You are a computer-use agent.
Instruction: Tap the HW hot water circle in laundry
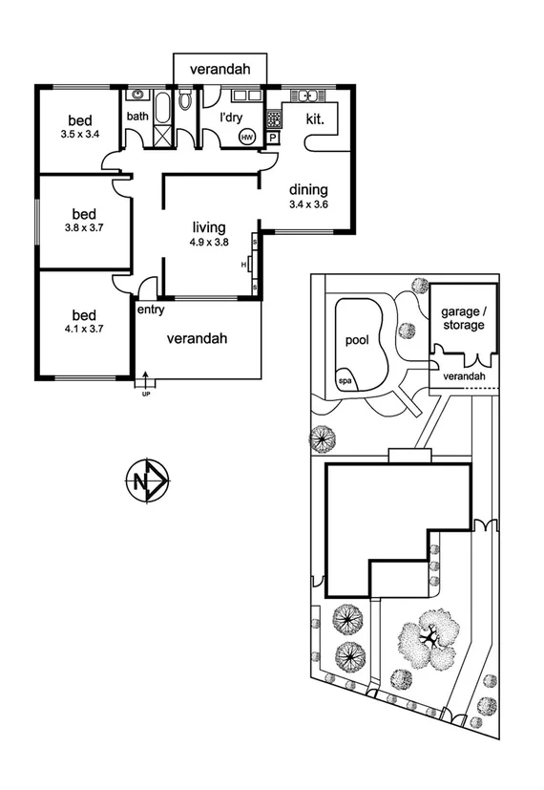(x=247, y=138)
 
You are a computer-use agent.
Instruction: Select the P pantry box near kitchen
(x=273, y=138)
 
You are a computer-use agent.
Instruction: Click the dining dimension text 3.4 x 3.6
(x=308, y=203)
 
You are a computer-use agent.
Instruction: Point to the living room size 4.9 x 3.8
(x=209, y=243)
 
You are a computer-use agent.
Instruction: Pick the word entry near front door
(x=151, y=310)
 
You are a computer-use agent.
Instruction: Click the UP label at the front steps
(x=145, y=393)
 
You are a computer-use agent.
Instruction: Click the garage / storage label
(x=463, y=319)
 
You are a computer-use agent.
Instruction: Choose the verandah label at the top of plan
(x=220, y=70)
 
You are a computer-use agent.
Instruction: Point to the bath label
(x=138, y=117)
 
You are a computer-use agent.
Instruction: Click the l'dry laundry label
(x=231, y=117)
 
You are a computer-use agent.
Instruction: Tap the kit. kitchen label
(x=316, y=119)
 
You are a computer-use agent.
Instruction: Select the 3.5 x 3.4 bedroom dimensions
(x=80, y=135)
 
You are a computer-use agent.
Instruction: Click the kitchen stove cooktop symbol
(x=274, y=118)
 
